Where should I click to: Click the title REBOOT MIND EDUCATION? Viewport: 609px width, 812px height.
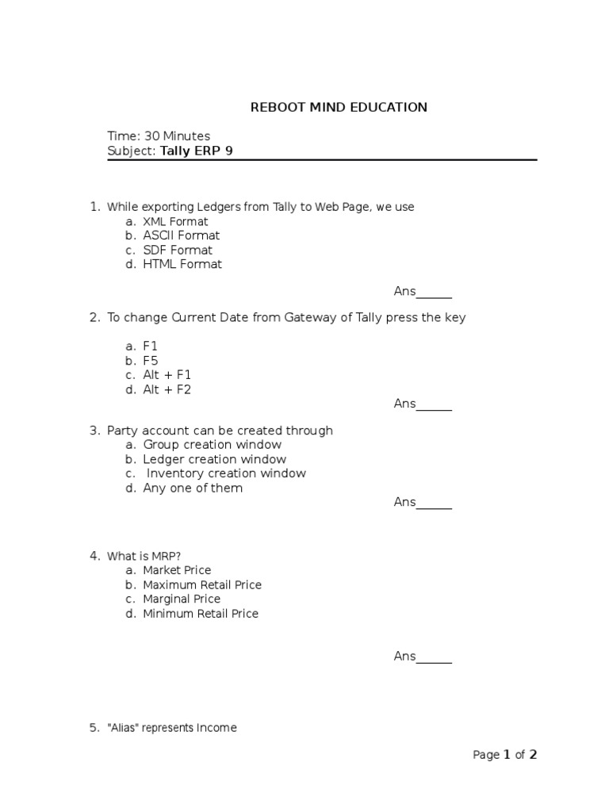click(339, 107)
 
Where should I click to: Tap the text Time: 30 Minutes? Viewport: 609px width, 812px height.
click(159, 136)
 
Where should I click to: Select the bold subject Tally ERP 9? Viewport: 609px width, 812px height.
click(196, 151)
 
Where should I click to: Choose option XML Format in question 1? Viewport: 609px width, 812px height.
click(175, 221)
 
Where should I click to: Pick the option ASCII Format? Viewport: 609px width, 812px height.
click(181, 236)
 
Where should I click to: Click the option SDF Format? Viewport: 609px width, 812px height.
click(178, 250)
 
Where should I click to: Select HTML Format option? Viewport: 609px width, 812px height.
click(182, 264)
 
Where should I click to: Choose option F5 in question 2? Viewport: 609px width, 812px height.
click(151, 361)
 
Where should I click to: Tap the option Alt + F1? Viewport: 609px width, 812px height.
click(167, 374)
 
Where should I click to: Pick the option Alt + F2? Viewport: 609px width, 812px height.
click(167, 389)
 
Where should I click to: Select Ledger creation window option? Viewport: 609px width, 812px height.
click(214, 459)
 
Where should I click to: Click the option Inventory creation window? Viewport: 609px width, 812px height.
click(226, 473)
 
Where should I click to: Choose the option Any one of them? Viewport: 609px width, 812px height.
click(193, 488)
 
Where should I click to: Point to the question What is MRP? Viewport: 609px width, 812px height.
click(150, 556)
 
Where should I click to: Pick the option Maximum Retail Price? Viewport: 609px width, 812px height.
click(202, 584)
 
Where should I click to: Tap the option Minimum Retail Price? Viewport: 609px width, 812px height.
click(201, 613)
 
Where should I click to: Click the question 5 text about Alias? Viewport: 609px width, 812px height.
click(171, 728)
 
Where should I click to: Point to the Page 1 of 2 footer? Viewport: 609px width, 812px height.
click(505, 755)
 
